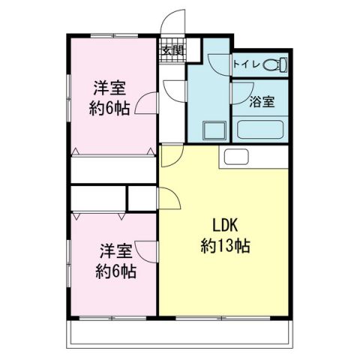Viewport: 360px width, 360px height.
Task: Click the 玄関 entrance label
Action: point(172,51)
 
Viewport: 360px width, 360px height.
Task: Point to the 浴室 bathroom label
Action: point(261,103)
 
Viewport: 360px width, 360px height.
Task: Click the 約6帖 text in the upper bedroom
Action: point(109,107)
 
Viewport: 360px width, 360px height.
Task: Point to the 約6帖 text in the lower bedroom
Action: point(114,271)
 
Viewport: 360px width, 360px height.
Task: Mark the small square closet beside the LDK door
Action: point(142,198)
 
